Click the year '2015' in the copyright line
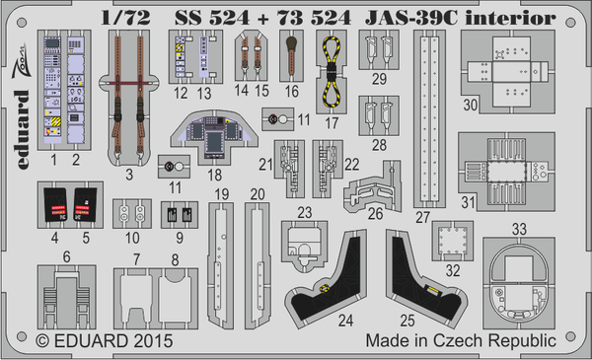click(150, 340)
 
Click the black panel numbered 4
click(53, 205)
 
